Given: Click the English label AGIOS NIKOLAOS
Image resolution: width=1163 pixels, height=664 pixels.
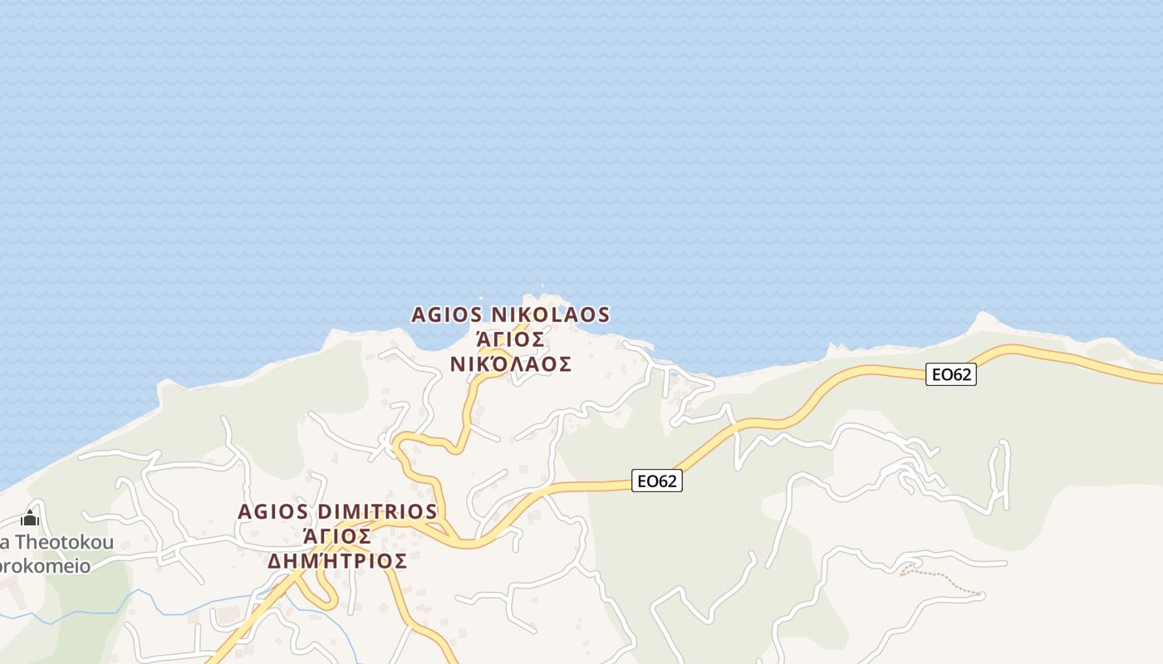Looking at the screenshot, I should pos(510,315).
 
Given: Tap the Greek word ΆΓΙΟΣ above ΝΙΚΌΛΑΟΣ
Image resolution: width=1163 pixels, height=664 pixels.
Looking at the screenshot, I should pos(510,339).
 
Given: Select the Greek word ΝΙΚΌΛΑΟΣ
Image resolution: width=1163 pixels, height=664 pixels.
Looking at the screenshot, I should pos(510,364).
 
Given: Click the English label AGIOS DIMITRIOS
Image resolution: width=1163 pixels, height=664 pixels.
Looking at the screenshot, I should pos(337,511).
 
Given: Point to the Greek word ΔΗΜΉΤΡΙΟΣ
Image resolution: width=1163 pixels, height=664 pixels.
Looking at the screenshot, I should pos(337,561).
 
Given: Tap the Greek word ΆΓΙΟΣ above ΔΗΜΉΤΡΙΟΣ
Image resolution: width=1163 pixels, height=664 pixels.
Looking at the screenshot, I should pos(337,536).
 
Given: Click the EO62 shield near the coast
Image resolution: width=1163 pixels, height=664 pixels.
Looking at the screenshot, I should pos(951,374).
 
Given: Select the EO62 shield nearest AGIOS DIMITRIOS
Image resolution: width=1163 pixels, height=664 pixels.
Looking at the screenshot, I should pos(657,481).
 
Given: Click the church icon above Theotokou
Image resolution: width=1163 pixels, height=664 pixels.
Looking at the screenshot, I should pos(30,520).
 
